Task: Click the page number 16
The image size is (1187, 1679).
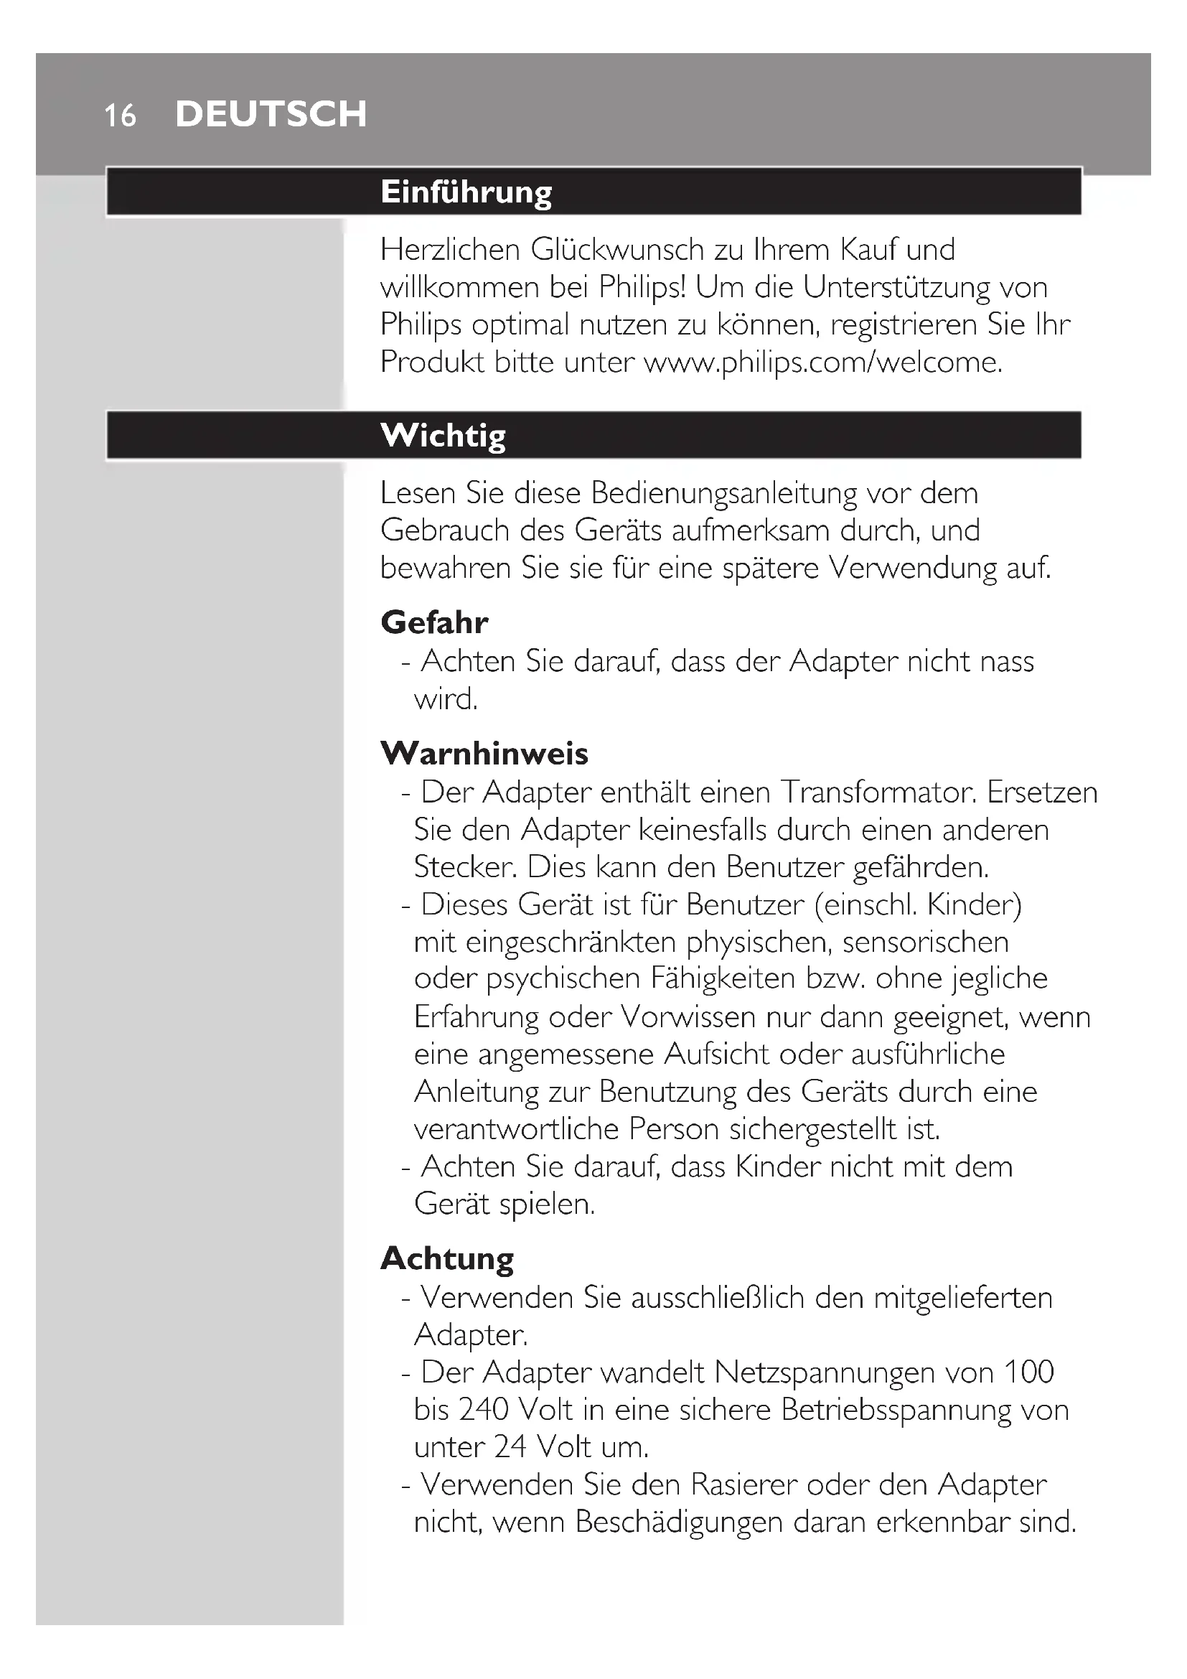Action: [x=120, y=116]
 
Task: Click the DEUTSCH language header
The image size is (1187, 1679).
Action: [x=271, y=114]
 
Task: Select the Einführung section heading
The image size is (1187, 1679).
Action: [x=466, y=192]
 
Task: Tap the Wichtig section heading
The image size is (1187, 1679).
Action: [x=443, y=435]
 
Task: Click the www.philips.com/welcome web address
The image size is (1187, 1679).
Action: [x=822, y=362]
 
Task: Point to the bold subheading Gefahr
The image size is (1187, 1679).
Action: [x=434, y=622]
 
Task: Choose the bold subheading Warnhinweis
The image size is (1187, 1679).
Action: [x=484, y=753]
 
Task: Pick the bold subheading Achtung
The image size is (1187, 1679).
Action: [x=446, y=1258]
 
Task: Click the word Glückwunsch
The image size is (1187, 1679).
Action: [x=617, y=250]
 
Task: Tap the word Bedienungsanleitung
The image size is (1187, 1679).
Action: [x=723, y=493]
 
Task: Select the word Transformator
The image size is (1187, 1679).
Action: [x=878, y=792]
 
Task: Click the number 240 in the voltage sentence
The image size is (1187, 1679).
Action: [x=483, y=1409]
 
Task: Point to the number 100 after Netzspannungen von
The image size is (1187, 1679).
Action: [x=1028, y=1372]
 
